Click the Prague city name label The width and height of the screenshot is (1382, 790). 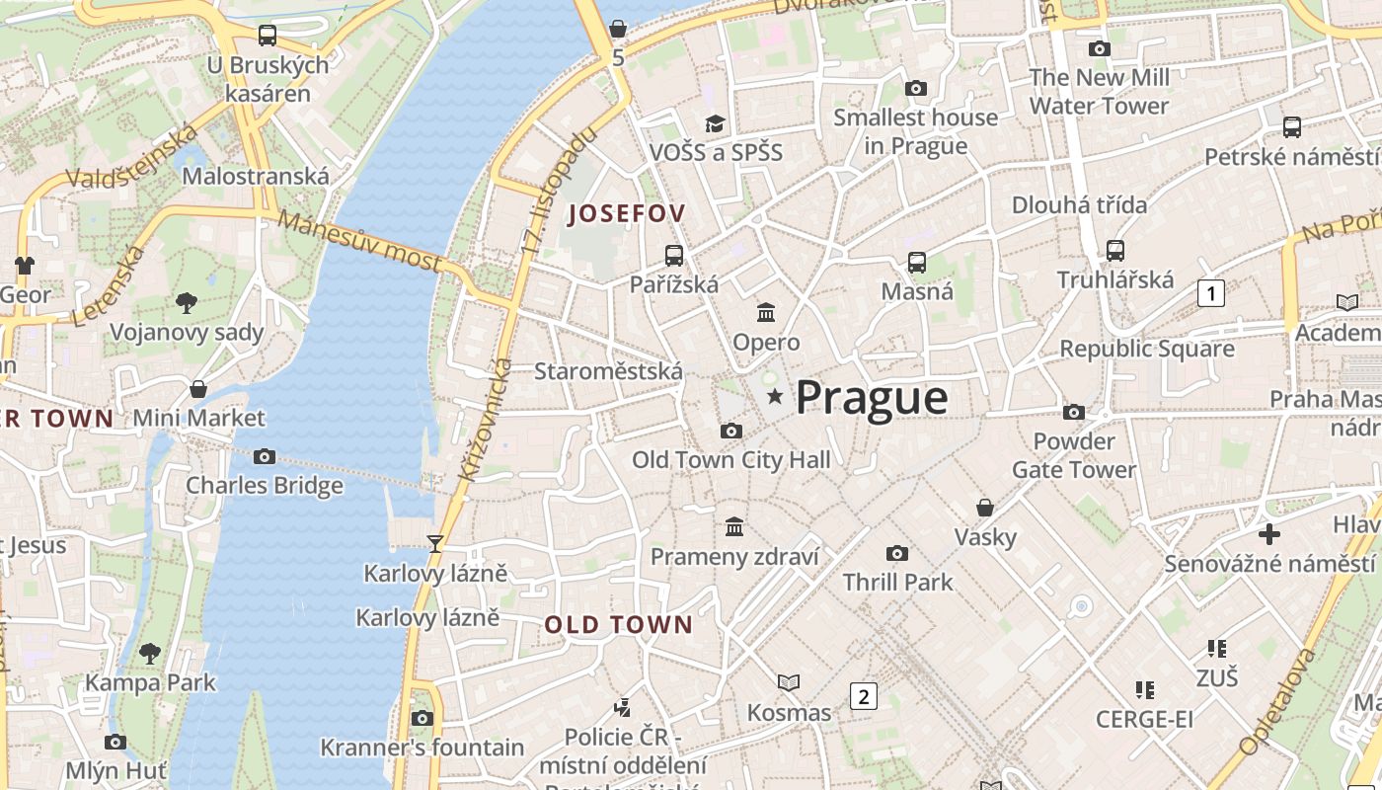pos(872,397)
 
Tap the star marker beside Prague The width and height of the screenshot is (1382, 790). pos(775,397)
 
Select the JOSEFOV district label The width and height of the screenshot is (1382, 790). pos(627,213)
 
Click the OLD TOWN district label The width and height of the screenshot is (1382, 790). pos(619,625)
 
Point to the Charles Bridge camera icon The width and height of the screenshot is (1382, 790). pos(265,456)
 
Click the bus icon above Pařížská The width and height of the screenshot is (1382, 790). pos(674,256)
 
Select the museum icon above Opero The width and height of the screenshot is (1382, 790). pos(765,313)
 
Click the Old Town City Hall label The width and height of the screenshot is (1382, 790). pos(730,460)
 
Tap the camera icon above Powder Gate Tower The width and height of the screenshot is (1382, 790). pos(1073,412)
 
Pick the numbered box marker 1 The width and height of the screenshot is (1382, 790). pos(1210,293)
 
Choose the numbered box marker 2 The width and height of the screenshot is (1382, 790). pos(863,696)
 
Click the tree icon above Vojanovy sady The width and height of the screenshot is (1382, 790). pos(187,303)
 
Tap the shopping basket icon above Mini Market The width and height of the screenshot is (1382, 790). pos(198,389)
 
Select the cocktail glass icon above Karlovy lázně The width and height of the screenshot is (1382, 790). pos(434,543)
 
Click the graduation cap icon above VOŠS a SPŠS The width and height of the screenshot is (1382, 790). pos(715,123)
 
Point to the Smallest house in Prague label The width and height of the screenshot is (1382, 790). pos(915,131)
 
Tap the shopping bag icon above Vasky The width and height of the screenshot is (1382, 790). pos(984,508)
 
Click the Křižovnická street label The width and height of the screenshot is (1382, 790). pos(485,421)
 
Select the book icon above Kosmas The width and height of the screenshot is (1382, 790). pos(788,682)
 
